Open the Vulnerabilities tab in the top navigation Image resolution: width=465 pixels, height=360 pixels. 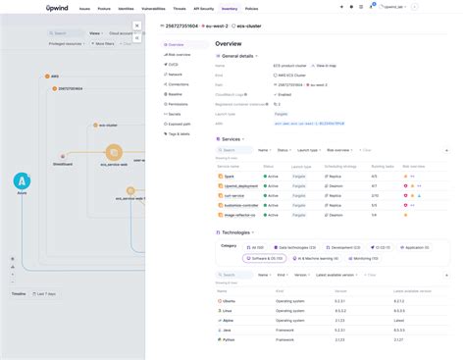(152, 9)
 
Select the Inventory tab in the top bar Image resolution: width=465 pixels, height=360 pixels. (231, 9)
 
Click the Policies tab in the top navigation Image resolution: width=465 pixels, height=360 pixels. (253, 9)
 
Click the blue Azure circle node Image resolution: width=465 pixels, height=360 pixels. (21, 181)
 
